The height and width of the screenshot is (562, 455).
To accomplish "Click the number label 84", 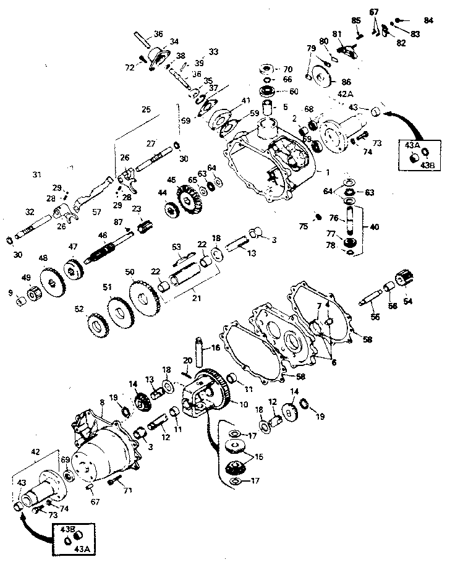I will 428,20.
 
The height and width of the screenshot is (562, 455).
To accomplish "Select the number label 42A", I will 346,94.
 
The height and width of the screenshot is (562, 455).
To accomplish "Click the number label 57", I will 96,211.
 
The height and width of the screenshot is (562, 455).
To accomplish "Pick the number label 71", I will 129,492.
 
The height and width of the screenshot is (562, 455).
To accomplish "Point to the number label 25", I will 146,109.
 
